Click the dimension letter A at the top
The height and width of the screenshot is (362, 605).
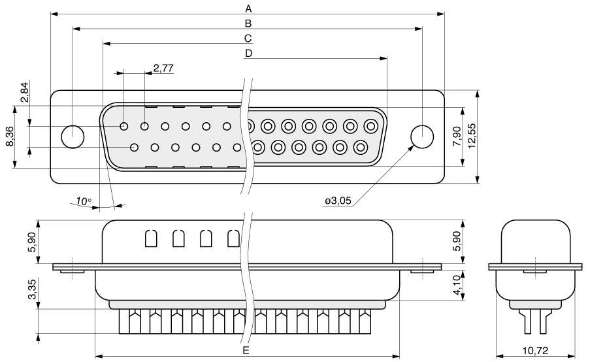(x=248, y=8)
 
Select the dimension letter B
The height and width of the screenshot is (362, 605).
(x=248, y=24)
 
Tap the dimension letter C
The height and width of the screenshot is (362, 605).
(x=248, y=38)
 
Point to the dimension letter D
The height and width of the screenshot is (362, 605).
(x=248, y=53)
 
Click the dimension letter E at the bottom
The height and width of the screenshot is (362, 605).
(x=246, y=350)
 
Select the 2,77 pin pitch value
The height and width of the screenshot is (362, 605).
(x=163, y=69)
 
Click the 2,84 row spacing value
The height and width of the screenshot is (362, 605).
(x=25, y=92)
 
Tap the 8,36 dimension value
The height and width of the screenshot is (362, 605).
(x=10, y=137)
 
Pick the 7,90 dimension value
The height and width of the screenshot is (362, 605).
(x=457, y=136)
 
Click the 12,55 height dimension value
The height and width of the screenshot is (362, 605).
(x=472, y=136)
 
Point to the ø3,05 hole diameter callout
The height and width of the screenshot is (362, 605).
(x=338, y=201)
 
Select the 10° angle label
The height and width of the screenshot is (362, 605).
(x=84, y=201)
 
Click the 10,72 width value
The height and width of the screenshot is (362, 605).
(x=536, y=350)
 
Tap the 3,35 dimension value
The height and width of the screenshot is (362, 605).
(x=33, y=289)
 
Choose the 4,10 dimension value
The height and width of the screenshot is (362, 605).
(x=457, y=285)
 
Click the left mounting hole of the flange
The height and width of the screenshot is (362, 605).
(x=73, y=137)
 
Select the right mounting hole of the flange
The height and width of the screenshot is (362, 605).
(x=422, y=137)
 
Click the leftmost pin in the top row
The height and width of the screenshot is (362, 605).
(x=124, y=126)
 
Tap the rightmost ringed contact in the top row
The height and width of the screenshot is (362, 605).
(x=371, y=126)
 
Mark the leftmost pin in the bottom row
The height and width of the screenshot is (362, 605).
(x=135, y=147)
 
